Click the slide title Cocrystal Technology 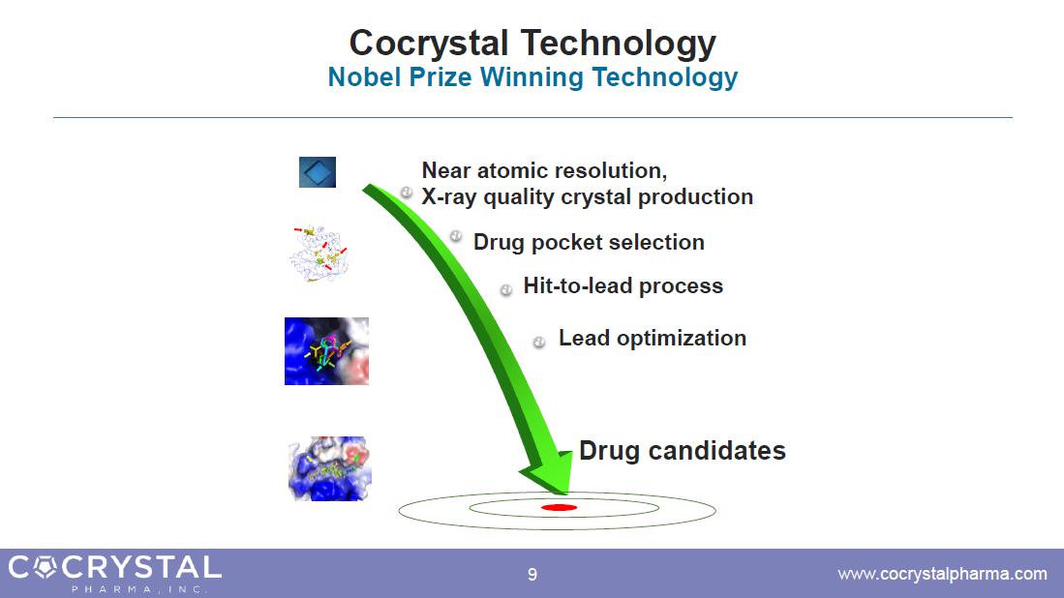(x=532, y=44)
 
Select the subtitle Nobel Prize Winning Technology (x=532, y=77)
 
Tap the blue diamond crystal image (x=318, y=172)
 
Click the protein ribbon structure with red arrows (x=319, y=253)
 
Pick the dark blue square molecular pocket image (x=326, y=351)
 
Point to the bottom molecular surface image (x=330, y=468)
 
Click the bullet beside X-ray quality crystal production (x=407, y=193)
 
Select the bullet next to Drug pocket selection (x=456, y=236)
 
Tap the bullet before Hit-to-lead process (x=506, y=290)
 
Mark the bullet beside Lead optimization (x=539, y=343)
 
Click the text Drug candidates (x=682, y=451)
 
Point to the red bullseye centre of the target (x=560, y=507)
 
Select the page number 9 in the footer (x=532, y=575)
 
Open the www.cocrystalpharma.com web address (x=943, y=574)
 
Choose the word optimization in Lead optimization (x=682, y=339)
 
